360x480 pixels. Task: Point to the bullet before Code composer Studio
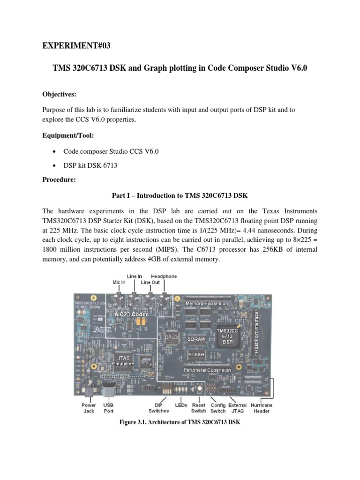(56, 153)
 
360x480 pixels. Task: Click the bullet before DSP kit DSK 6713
(56, 166)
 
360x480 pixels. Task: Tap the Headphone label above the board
(164, 277)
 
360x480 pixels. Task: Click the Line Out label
(150, 282)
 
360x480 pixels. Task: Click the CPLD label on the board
(171, 337)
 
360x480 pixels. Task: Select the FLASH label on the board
(196, 355)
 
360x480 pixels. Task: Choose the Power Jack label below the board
(89, 408)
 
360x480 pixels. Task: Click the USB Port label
(109, 408)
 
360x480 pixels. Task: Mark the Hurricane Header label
(261, 408)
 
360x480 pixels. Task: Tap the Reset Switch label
(199, 408)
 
